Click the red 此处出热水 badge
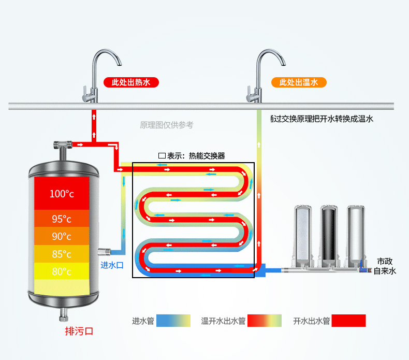[131, 82]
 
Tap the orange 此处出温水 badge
[299, 82]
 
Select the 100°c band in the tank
[62, 193]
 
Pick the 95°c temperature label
[62, 219]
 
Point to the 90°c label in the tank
[62, 236]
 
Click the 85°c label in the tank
[62, 254]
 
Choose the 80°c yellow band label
[62, 271]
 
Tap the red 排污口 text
[79, 331]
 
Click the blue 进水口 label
[112, 265]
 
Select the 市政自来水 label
[385, 266]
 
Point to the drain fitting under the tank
[64, 315]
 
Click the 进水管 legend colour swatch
[173, 321]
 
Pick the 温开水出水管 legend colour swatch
[265, 321]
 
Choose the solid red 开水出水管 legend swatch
[349, 321]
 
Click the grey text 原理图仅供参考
[167, 125]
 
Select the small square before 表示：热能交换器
[162, 156]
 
